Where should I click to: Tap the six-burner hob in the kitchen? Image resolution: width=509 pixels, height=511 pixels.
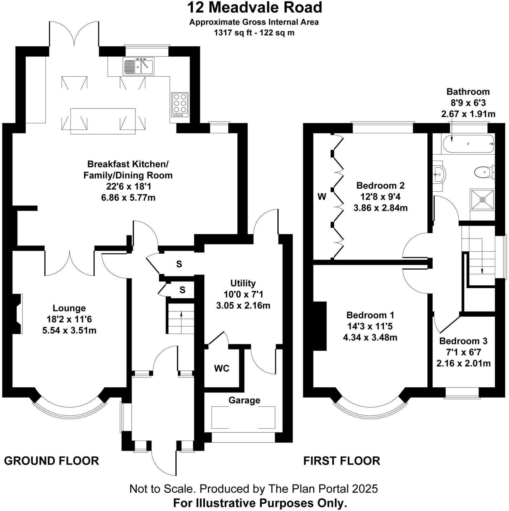(x=180, y=105)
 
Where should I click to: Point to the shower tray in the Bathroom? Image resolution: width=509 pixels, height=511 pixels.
(x=482, y=199)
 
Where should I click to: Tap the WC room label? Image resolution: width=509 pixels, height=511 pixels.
(x=222, y=368)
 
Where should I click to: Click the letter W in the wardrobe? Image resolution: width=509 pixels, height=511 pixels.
(x=322, y=197)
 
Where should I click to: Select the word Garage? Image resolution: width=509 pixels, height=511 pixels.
(x=244, y=400)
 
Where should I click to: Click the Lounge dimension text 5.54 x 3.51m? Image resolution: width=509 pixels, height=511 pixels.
(x=69, y=330)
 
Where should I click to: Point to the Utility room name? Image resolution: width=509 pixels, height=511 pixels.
(x=243, y=283)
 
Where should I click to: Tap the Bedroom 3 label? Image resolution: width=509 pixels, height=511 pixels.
(x=463, y=341)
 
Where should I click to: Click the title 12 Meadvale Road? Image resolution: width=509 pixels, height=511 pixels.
(x=254, y=8)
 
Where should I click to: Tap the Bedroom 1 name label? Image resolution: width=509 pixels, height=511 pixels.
(x=370, y=315)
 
